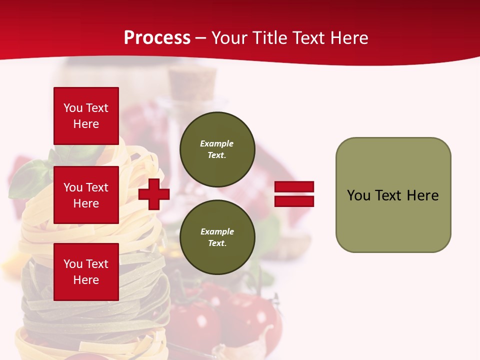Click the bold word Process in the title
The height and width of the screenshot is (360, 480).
(157, 38)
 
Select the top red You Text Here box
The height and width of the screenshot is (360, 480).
(86, 116)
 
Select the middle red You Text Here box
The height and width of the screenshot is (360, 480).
(86, 195)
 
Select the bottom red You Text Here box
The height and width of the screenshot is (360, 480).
(86, 271)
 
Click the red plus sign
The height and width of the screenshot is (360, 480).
(154, 194)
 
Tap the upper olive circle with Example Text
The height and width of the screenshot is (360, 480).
(217, 149)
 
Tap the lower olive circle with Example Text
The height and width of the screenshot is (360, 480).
(217, 237)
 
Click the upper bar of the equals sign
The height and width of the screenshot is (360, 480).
(294, 187)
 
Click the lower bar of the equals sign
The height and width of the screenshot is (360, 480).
(294, 201)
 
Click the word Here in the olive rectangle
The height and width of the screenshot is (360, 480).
(422, 195)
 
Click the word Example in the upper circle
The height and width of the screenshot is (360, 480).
(217, 143)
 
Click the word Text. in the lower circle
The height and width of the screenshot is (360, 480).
(217, 243)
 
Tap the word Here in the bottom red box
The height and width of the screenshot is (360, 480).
(86, 280)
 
